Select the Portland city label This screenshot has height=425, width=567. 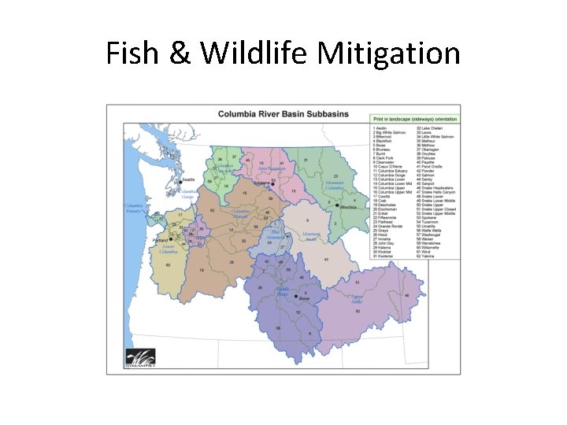pos(163,239)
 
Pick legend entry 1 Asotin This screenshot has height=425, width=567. pos(381,127)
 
